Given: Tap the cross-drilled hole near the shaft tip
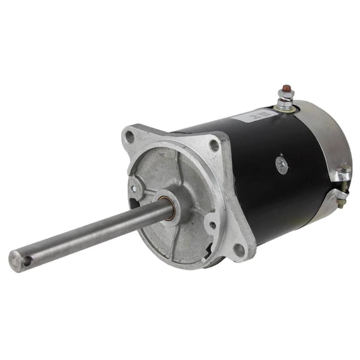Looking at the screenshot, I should pyautogui.click(x=27, y=254).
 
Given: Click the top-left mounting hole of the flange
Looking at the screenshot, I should pyautogui.click(x=129, y=135).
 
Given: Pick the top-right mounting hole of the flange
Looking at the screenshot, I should pyautogui.click(x=214, y=145).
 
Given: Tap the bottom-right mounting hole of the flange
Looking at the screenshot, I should pyautogui.click(x=238, y=249).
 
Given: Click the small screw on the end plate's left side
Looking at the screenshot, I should pyautogui.click(x=134, y=184).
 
